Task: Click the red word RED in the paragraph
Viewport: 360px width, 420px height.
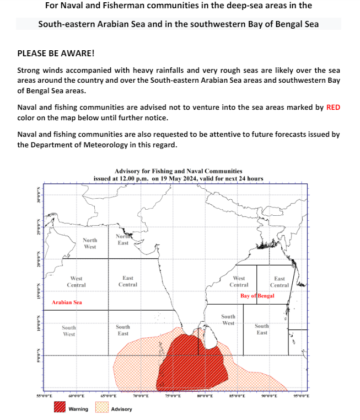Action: (x=333, y=108)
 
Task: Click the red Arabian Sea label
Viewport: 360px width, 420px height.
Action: (x=67, y=302)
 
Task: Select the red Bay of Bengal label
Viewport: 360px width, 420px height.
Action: (x=257, y=296)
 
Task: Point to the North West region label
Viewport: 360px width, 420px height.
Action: (x=90, y=243)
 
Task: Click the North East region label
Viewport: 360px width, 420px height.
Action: (x=123, y=240)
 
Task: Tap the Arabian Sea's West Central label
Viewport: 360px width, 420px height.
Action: (x=76, y=282)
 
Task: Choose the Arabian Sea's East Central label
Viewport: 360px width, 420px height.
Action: (x=128, y=281)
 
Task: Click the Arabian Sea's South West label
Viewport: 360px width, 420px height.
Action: (x=69, y=331)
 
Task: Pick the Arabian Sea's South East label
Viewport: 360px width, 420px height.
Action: (x=123, y=330)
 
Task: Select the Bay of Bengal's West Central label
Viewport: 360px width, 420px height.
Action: (x=239, y=282)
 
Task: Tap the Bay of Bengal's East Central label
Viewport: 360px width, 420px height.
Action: (x=280, y=282)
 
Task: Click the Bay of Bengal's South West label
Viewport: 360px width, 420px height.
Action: (x=228, y=320)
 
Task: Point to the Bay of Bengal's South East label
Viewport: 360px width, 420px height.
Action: (x=262, y=329)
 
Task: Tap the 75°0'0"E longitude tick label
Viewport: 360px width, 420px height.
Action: (x=173, y=396)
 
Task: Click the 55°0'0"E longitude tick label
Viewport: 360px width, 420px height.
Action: (x=44, y=396)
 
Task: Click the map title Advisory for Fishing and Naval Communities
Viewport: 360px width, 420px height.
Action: (x=178, y=172)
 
